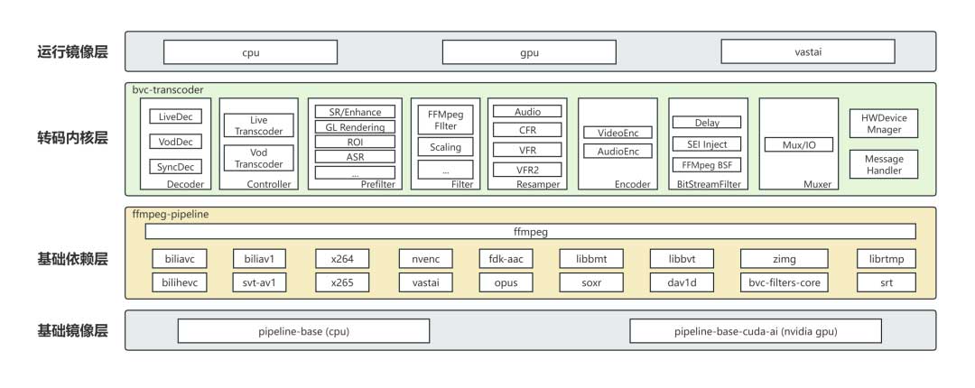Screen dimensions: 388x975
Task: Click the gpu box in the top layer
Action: (x=530, y=52)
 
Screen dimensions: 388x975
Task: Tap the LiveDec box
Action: (x=175, y=116)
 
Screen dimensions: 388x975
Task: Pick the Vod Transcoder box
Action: (x=257, y=158)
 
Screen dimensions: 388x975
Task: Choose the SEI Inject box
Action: (x=707, y=143)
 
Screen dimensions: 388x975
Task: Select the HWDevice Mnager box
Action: (x=884, y=124)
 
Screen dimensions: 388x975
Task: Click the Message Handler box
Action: (x=884, y=164)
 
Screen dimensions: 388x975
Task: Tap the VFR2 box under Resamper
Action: (x=528, y=169)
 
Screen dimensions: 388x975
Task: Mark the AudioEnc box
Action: (x=617, y=152)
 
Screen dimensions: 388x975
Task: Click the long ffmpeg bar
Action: (x=530, y=232)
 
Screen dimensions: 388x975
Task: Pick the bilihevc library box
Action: (x=181, y=282)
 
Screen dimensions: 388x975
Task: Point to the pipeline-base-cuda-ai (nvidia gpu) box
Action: (x=757, y=331)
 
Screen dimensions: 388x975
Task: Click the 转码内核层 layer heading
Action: (x=78, y=140)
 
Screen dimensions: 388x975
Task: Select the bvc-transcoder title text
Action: (x=167, y=90)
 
